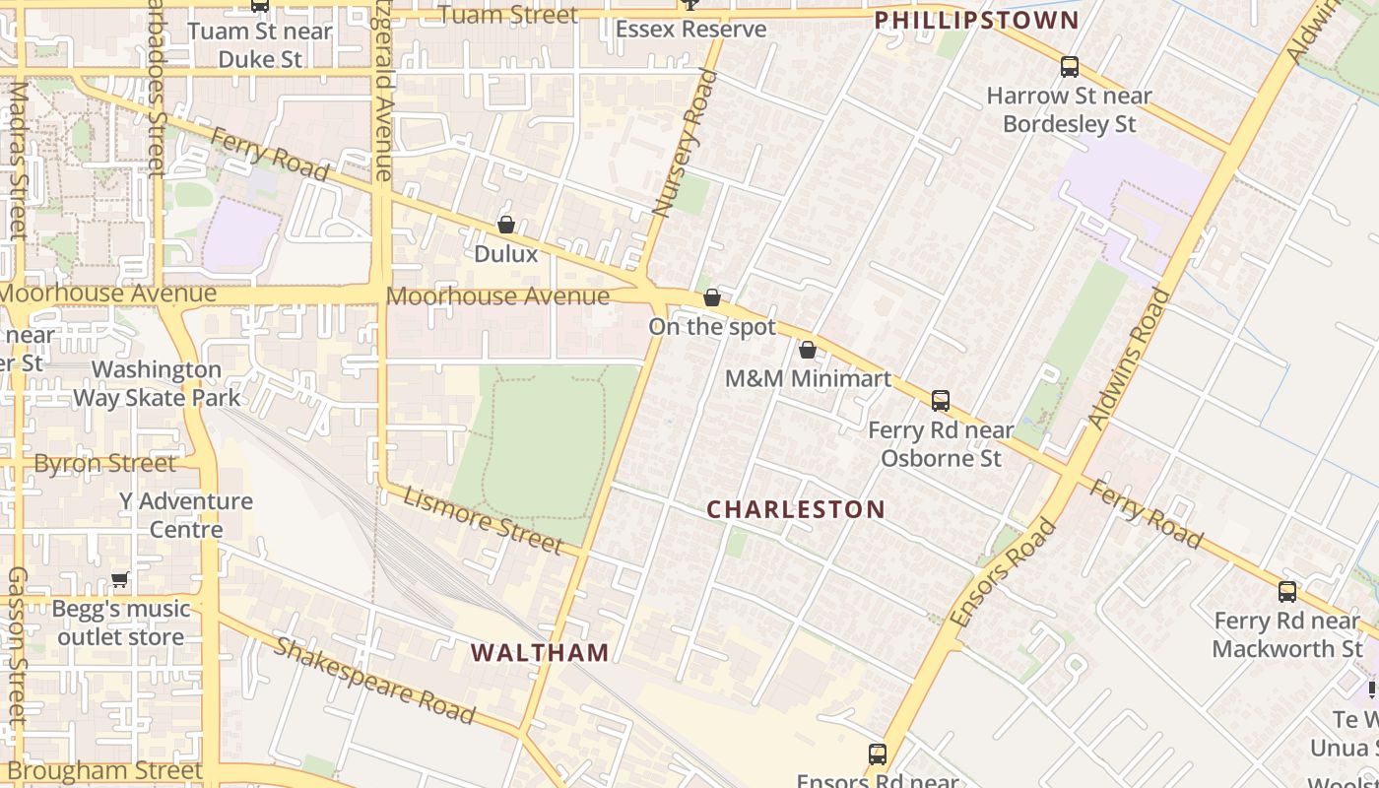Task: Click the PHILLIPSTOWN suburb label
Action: coord(976,20)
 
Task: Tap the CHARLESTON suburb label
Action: coord(796,509)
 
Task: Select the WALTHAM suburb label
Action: coord(540,652)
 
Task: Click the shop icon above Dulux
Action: coord(506,225)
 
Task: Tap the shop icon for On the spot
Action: coord(712,297)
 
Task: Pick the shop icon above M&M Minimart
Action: coord(808,350)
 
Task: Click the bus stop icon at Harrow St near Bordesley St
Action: coord(1070,67)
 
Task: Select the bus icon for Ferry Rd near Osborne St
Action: coord(941,401)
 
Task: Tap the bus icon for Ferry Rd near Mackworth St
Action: coord(1287,592)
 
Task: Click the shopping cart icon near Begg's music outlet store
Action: coord(120,579)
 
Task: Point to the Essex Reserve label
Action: coord(690,29)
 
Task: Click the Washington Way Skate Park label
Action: coord(157,383)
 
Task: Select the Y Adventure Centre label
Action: coord(186,515)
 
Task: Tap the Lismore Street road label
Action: coord(482,518)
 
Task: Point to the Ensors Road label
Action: coord(1005,571)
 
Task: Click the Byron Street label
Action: coord(105,463)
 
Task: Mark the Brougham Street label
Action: coord(103,770)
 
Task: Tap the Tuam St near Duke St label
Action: coord(260,44)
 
